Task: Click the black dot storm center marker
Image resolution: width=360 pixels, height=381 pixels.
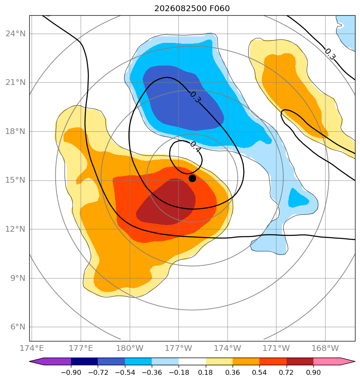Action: click(192, 179)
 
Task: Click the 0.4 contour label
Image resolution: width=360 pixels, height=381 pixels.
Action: click(195, 147)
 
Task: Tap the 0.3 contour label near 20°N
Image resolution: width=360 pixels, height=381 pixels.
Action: click(195, 97)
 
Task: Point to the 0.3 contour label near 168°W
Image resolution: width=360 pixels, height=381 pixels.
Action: click(330, 54)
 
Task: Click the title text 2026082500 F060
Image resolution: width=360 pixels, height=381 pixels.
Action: click(192, 9)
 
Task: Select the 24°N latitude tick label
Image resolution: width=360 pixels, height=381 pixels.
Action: click(15, 33)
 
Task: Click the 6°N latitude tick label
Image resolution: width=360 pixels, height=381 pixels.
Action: click(18, 327)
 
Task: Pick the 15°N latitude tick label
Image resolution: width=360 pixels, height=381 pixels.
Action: click(15, 180)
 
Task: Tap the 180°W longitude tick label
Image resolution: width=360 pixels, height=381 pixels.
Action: click(129, 348)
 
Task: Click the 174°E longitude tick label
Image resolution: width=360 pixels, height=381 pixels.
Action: click(32, 348)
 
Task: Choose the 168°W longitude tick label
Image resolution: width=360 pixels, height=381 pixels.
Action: click(325, 348)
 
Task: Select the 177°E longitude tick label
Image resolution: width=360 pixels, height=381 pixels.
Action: click(81, 348)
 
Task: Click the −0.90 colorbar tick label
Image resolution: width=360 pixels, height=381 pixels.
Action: click(71, 372)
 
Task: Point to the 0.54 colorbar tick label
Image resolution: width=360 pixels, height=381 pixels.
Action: click(260, 372)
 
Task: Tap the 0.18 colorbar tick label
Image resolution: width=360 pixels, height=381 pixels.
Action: click(206, 372)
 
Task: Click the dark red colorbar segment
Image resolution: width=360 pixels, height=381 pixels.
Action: click(300, 361)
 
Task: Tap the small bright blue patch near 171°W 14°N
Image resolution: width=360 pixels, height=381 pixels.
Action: click(298, 198)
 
